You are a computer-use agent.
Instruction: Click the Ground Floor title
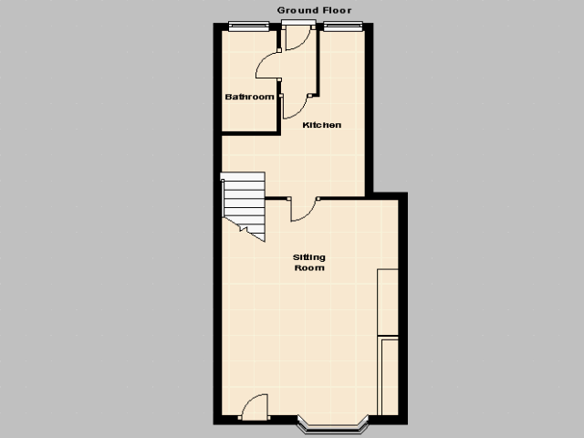coord(314,10)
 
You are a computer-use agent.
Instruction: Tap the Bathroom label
coord(249,97)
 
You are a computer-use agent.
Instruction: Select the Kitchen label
coord(322,125)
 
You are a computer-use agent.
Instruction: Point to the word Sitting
coord(309,257)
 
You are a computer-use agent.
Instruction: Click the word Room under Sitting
coord(309,267)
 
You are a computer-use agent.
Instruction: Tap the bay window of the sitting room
coord(332,424)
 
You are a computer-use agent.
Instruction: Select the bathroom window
coord(248,26)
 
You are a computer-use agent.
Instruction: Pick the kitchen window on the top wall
coord(343,26)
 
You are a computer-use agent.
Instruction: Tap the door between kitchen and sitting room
coord(304,210)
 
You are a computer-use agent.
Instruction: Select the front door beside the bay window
coord(255,407)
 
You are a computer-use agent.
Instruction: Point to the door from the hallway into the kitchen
coord(296,107)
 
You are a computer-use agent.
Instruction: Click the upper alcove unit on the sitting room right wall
coord(388,302)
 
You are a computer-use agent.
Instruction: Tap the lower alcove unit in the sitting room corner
coord(388,375)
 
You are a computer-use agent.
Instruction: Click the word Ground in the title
coord(297,10)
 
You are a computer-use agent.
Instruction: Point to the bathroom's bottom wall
coord(251,133)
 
